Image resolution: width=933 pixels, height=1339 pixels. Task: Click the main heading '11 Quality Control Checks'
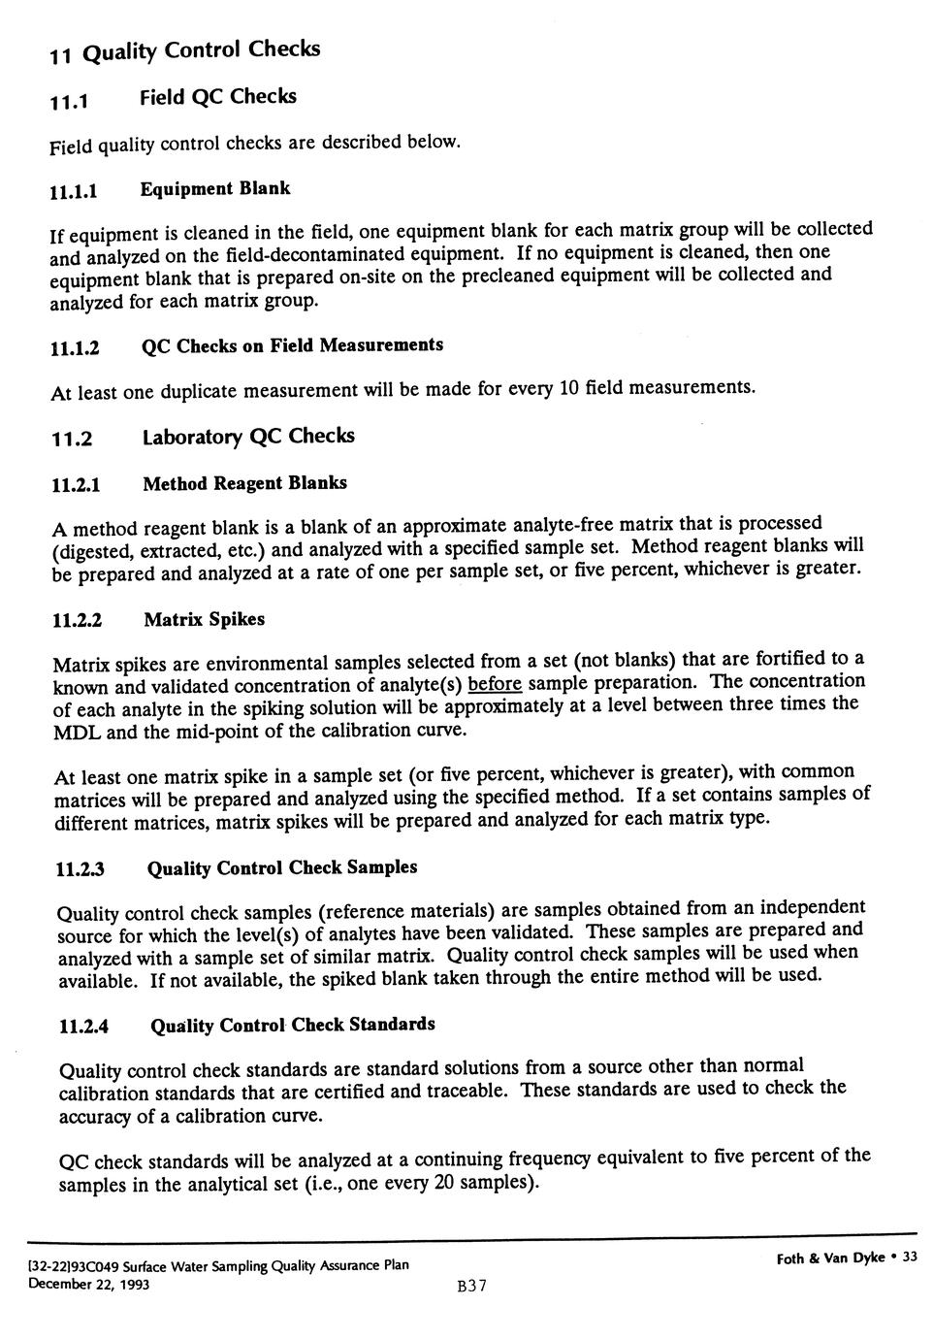tap(184, 50)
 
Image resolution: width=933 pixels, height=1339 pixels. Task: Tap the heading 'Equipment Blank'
tap(215, 188)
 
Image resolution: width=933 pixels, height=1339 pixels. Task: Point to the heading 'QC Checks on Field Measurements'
tap(292, 346)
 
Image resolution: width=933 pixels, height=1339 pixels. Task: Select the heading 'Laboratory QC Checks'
tap(248, 437)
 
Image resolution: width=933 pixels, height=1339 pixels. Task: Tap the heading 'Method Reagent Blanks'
tap(244, 483)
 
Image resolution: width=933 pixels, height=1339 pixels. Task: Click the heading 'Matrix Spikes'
tap(204, 620)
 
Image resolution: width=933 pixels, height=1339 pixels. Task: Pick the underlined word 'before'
tap(495, 684)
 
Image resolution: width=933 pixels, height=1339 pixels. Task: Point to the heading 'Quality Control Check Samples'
tap(282, 867)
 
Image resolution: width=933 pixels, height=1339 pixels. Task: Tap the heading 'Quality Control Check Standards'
tap(293, 1026)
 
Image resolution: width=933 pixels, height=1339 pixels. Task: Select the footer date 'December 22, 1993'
tap(88, 1285)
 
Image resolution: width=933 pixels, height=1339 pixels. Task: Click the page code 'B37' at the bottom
tap(470, 1287)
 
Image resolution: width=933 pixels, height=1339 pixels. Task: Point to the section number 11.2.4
tap(83, 1028)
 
